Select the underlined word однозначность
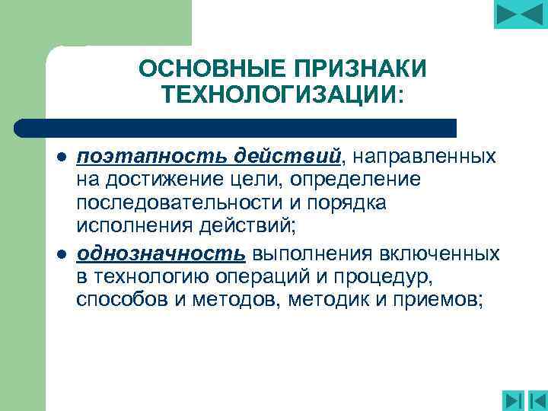pyautogui.click(x=161, y=253)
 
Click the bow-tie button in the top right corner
pyautogui.click(x=520, y=14)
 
